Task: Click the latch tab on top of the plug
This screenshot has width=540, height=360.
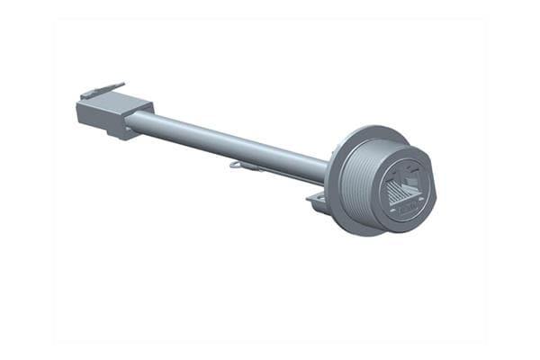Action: pos(101,91)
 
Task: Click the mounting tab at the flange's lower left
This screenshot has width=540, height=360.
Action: pos(316,201)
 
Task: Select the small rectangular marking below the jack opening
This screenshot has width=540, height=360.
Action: pos(406,209)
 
